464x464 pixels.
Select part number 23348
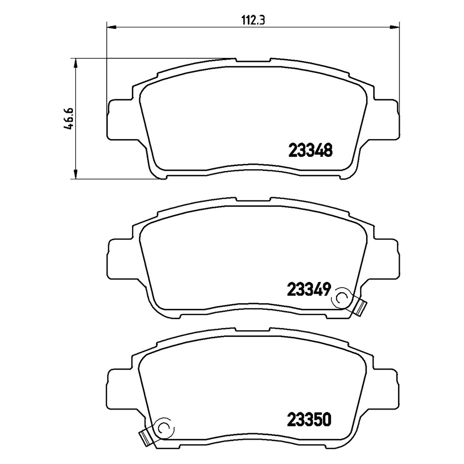pos(310,150)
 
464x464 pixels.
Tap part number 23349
pos(309,289)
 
